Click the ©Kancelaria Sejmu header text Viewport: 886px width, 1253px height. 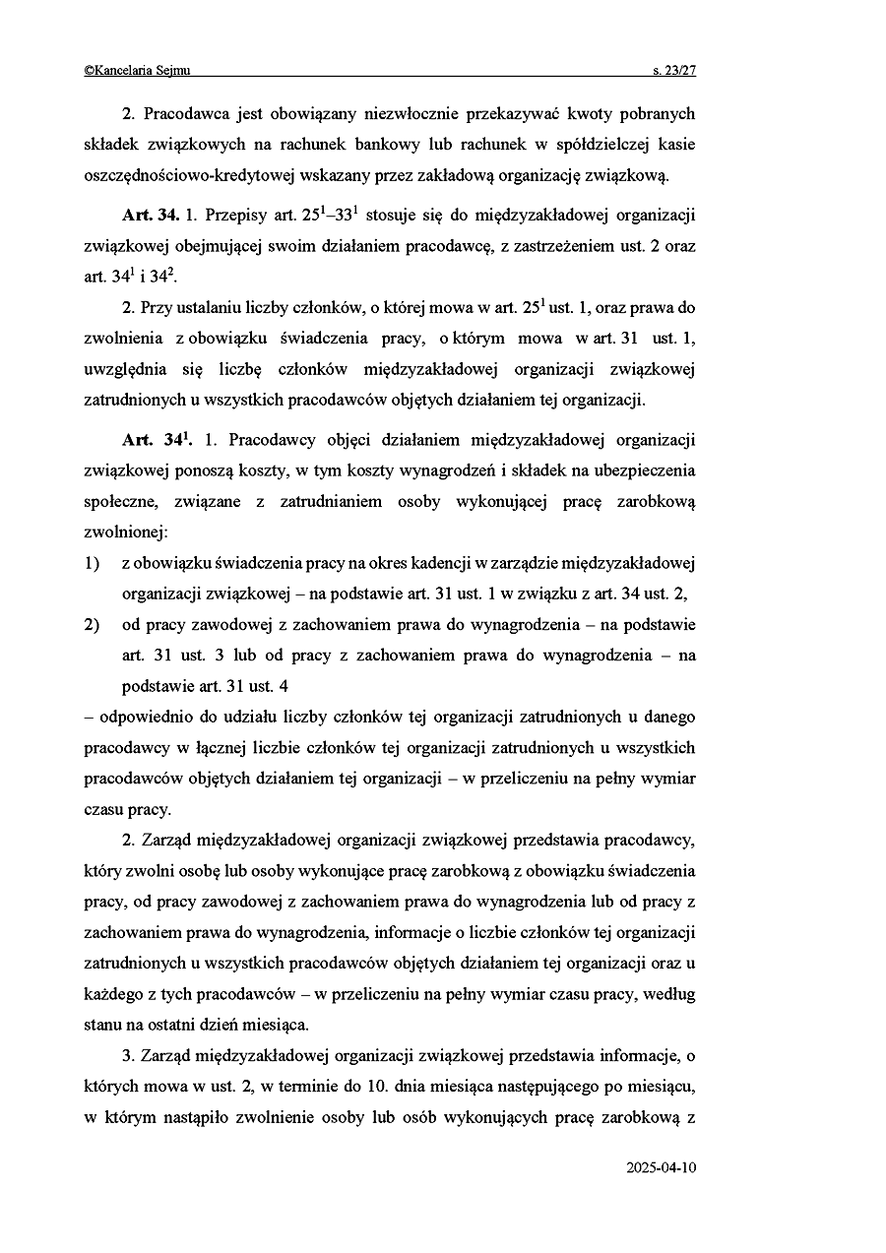pos(138,70)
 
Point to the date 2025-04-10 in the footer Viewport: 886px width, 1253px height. pos(661,1168)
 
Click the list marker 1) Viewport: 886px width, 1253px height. pos(93,563)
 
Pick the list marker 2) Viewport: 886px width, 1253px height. pos(93,624)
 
